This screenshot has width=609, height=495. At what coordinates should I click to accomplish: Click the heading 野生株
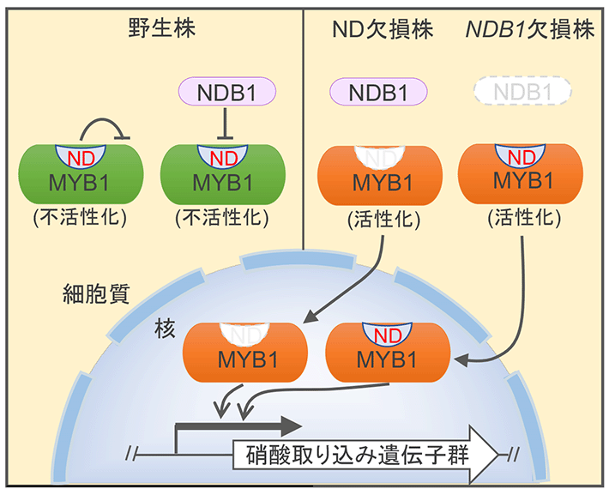point(156,29)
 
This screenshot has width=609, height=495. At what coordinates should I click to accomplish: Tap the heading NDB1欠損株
point(529,29)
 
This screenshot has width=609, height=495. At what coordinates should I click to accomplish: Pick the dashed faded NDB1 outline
point(522,91)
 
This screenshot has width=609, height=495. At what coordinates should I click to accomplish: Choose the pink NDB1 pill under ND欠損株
point(378,91)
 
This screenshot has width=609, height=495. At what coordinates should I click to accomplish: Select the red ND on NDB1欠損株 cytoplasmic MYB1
point(522,157)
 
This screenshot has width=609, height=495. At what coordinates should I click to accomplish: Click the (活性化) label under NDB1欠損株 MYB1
point(522,217)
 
